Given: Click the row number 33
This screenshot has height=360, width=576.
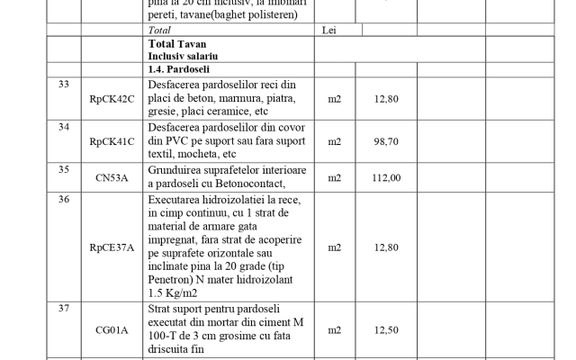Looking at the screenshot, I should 63,85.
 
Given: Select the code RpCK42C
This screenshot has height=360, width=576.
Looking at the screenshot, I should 112,99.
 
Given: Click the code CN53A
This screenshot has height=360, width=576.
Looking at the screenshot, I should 112,177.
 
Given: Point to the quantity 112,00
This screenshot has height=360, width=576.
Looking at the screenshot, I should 386,177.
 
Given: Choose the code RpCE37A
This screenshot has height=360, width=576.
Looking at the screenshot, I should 112,247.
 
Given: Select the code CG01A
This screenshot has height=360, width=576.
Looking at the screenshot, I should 112,330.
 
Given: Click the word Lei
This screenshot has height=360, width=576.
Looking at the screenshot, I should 329,30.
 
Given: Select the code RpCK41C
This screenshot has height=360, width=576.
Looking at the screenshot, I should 112,141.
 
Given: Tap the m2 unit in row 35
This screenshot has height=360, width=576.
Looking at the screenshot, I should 335,177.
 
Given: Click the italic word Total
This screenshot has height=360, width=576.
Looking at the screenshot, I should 159,30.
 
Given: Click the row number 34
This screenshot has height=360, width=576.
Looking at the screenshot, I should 63,127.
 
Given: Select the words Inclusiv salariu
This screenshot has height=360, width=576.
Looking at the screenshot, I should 184,55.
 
